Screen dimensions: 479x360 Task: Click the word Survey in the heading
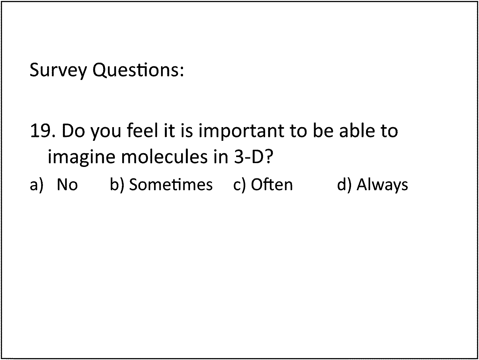[x=58, y=70]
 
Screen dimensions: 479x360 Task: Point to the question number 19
[x=43, y=131]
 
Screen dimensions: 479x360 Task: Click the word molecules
[x=164, y=156]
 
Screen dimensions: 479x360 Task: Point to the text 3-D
[x=249, y=157]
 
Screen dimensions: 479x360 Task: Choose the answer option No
[x=67, y=185]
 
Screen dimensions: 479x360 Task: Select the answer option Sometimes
[x=171, y=184]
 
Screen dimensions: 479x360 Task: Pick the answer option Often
[x=272, y=184]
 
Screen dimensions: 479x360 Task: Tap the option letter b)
[x=117, y=185]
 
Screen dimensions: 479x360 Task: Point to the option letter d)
[x=344, y=185]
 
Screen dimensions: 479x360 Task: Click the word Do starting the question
[x=73, y=131]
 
